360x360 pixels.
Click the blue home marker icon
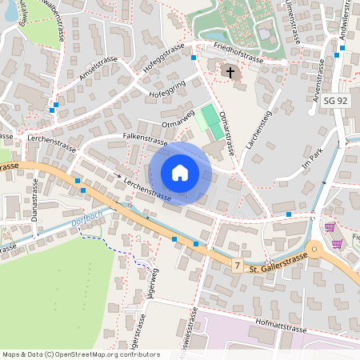click(x=180, y=173)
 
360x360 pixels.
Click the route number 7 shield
click(x=238, y=264)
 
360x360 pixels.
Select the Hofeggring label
click(x=167, y=89)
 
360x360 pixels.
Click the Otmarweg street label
click(x=178, y=118)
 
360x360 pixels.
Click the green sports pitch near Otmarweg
click(x=210, y=121)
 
